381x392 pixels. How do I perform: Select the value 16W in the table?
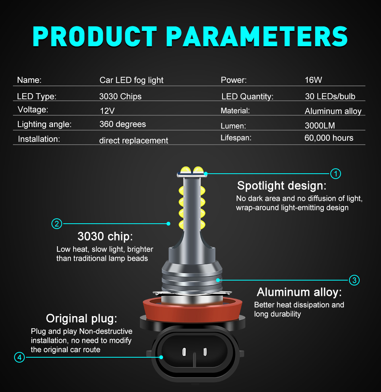pyautogui.click(x=313, y=80)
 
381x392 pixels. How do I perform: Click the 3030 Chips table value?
pyautogui.click(x=120, y=97)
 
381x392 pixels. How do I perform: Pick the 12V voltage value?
pyautogui.click(x=107, y=111)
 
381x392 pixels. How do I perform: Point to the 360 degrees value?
pyautogui.click(x=123, y=124)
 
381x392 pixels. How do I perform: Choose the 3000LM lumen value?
pyautogui.click(x=320, y=126)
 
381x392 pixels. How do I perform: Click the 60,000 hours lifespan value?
pyautogui.click(x=329, y=138)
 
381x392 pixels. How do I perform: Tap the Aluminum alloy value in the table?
pyautogui.click(x=333, y=111)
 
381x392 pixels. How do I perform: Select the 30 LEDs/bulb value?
pyautogui.click(x=330, y=97)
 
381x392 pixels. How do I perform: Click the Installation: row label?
pyautogui.click(x=39, y=139)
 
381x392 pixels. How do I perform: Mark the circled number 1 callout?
pyautogui.click(x=335, y=174)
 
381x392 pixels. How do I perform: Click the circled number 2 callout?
pyautogui.click(x=56, y=224)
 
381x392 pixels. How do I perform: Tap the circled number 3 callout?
pyautogui.click(x=354, y=280)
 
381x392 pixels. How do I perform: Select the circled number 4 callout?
pyautogui.click(x=19, y=358)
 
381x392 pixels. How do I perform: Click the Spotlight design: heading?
pyautogui.click(x=282, y=186)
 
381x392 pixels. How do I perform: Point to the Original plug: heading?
pyautogui.click(x=82, y=318)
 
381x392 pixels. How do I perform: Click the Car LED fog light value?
pyautogui.click(x=131, y=80)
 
